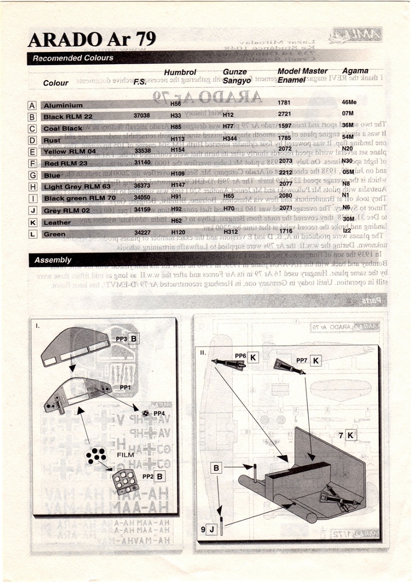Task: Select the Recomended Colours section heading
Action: pyautogui.click(x=73, y=58)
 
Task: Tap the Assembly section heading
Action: pyautogui.click(x=52, y=260)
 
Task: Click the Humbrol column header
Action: pyautogui.click(x=180, y=72)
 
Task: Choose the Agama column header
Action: pyautogui.click(x=355, y=70)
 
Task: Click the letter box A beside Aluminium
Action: pyautogui.click(x=32, y=105)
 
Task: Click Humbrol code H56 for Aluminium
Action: pyautogui.click(x=175, y=103)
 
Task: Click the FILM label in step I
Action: pyautogui.click(x=125, y=455)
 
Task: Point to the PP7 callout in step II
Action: pyautogui.click(x=302, y=360)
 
